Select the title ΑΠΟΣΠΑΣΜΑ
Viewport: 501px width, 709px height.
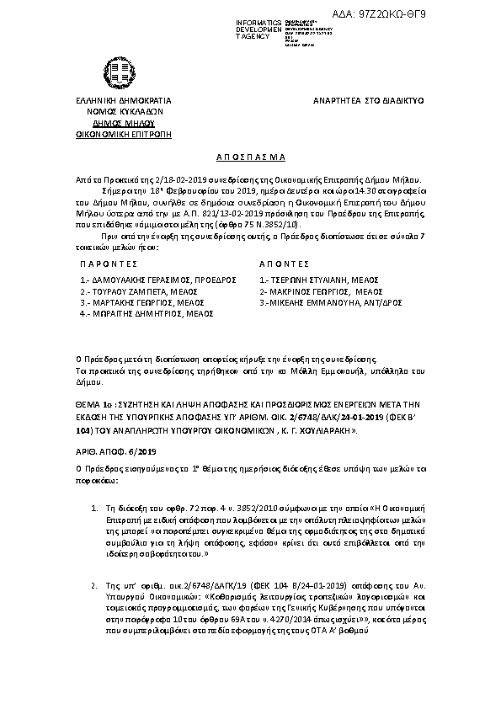tap(249, 157)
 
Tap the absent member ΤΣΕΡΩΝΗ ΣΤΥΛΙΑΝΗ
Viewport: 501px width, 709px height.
tap(312, 279)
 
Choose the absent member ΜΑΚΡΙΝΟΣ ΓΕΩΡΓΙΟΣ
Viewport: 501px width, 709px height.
tap(312, 290)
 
